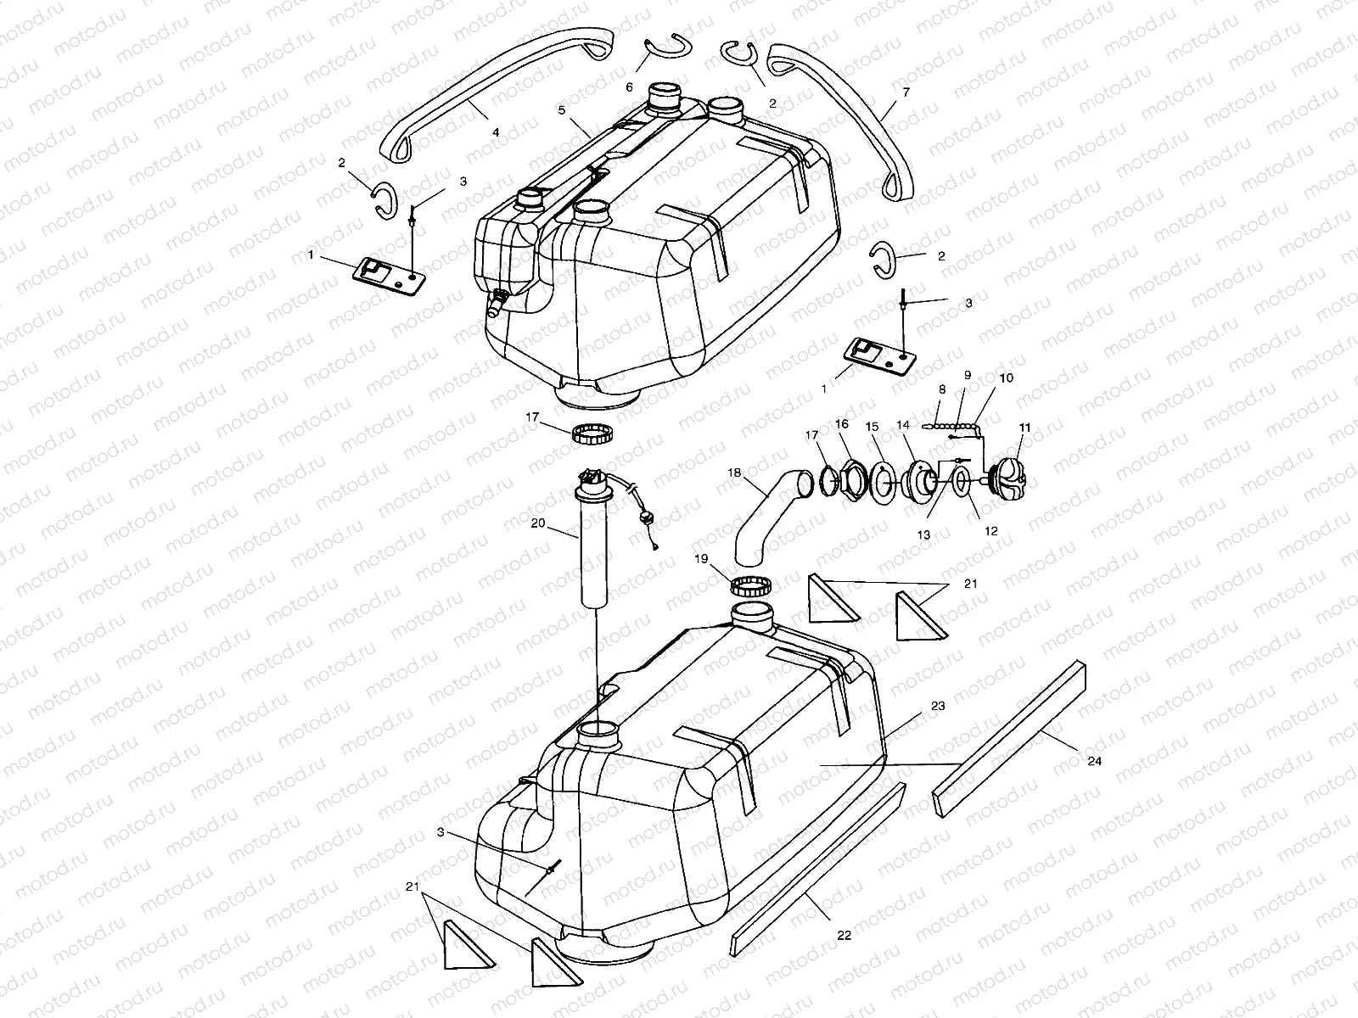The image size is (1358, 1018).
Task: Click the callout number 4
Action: (496, 132)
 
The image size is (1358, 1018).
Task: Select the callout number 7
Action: (906, 92)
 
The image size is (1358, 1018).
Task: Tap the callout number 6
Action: (630, 87)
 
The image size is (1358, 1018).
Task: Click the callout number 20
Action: (538, 523)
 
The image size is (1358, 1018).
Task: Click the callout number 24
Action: (1095, 761)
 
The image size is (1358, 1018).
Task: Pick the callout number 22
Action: (844, 935)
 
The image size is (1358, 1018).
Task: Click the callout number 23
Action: (913, 705)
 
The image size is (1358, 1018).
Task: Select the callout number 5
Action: (562, 110)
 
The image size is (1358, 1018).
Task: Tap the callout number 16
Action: (841, 423)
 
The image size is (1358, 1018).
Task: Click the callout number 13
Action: (923, 534)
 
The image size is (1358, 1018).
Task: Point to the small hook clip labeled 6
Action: (655, 51)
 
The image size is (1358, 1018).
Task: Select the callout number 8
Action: (941, 389)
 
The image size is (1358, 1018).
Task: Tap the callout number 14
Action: (902, 423)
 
